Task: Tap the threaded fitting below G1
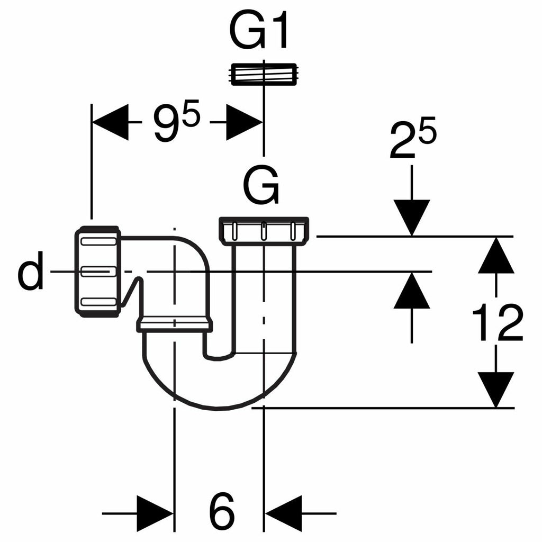(x=263, y=74)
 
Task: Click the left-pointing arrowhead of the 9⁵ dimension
(x=111, y=122)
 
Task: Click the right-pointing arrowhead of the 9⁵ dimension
(x=244, y=122)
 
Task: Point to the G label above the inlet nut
(x=261, y=187)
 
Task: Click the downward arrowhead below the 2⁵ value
(x=412, y=217)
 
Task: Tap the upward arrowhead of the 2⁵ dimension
(x=412, y=291)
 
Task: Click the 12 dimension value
(x=497, y=323)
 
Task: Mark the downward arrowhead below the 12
(x=496, y=389)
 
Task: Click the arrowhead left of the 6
(x=155, y=513)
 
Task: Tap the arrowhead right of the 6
(x=283, y=513)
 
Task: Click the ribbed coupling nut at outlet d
(x=97, y=271)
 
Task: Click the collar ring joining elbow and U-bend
(x=175, y=324)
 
